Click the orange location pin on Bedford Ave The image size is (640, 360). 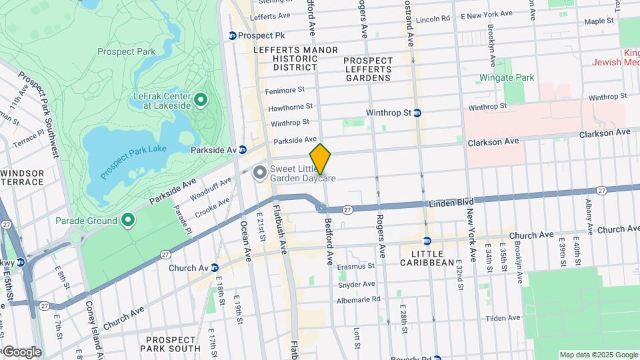320,159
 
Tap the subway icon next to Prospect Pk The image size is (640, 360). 232,35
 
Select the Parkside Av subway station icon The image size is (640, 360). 243,150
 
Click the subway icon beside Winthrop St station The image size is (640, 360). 417,113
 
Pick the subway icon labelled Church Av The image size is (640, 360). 214,268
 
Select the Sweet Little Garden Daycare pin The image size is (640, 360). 259,173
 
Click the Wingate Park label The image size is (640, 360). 507,78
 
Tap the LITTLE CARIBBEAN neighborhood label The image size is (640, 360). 427,257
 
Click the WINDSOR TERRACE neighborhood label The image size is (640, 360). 23,178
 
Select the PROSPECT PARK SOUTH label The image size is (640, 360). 173,343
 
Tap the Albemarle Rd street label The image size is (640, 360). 359,299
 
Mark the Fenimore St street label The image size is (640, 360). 285,89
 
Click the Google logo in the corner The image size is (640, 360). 21,352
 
